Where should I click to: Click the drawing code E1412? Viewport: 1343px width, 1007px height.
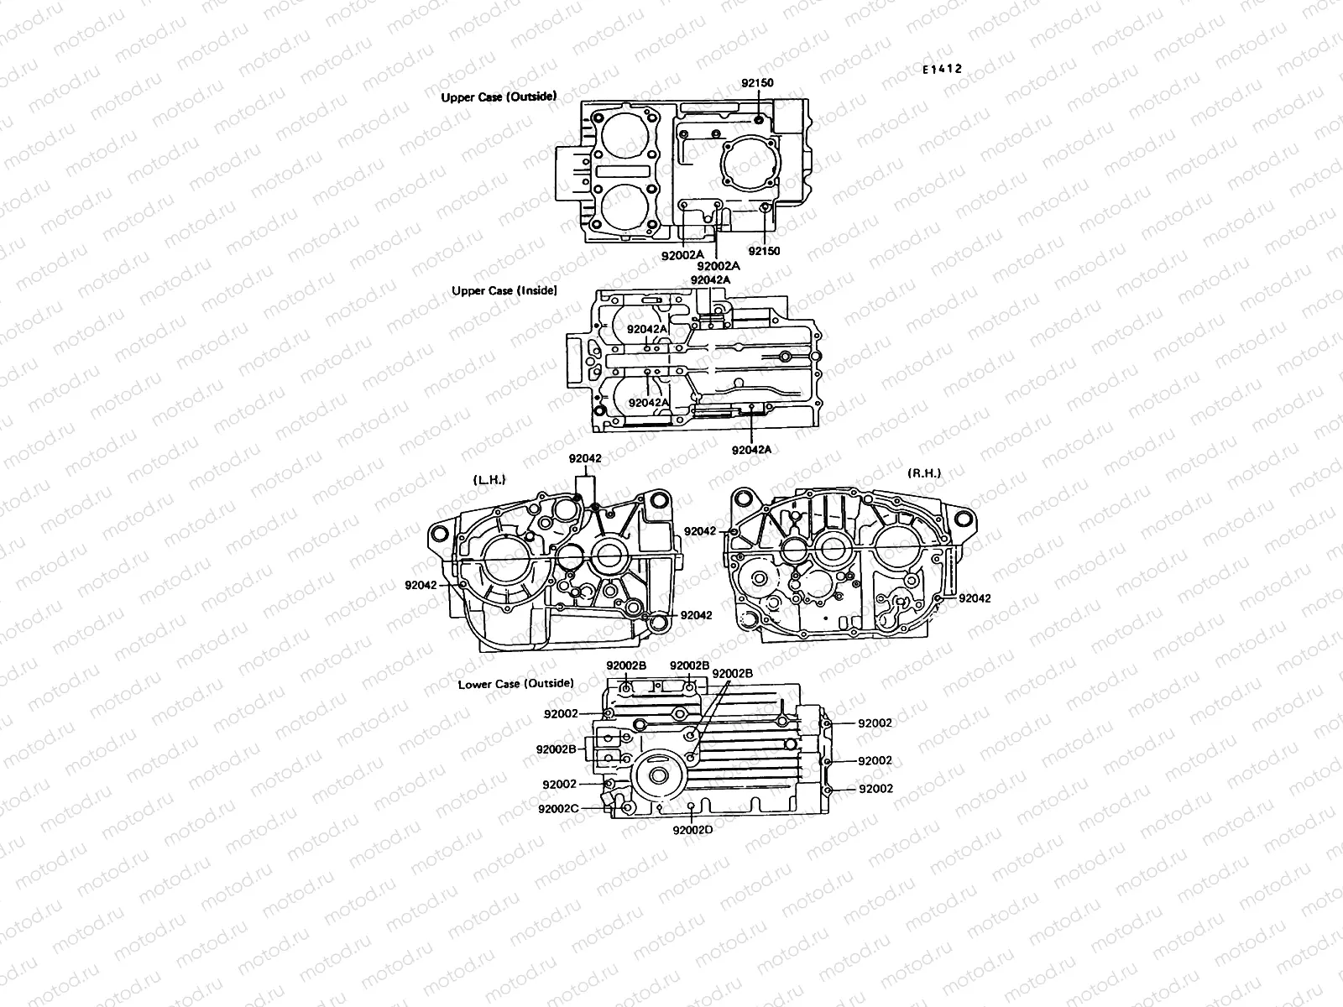942,70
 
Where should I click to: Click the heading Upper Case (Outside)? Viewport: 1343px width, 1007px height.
499,97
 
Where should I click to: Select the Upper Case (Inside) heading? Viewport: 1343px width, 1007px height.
504,291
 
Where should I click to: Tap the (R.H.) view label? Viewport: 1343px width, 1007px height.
924,473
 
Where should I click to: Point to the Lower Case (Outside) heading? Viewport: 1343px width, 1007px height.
515,683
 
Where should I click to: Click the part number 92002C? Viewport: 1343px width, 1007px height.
558,809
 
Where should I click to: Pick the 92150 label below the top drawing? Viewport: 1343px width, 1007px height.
764,251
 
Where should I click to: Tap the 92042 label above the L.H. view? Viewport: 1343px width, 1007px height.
585,458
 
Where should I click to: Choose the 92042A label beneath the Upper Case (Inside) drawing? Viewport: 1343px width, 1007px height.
751,450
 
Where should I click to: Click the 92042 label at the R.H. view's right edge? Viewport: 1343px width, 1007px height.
975,598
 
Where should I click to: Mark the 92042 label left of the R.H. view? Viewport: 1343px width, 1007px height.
700,531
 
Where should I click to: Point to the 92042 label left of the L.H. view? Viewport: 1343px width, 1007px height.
421,585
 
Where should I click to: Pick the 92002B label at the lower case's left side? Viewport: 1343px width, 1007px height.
556,749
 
